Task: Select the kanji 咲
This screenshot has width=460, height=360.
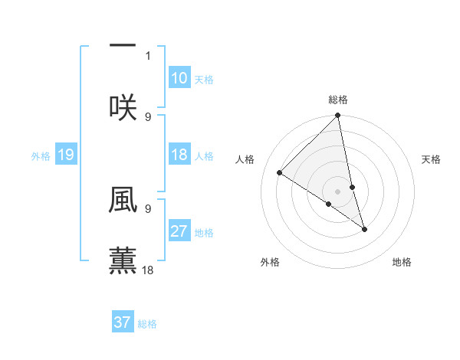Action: pyautogui.click(x=123, y=106)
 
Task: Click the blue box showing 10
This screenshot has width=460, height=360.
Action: pyautogui.click(x=179, y=78)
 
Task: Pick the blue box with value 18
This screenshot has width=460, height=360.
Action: pyautogui.click(x=179, y=155)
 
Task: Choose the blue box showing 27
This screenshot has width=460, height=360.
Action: pyautogui.click(x=179, y=231)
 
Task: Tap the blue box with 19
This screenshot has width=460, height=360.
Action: pyautogui.click(x=66, y=155)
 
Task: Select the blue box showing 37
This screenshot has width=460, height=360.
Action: pyautogui.click(x=123, y=322)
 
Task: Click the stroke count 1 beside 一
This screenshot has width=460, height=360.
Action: pyautogui.click(x=148, y=56)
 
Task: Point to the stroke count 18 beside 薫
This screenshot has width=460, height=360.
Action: pyautogui.click(x=148, y=270)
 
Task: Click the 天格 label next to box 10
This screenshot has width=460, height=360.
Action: pyautogui.click(x=204, y=79)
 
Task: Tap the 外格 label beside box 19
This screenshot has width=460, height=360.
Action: pyautogui.click(x=41, y=156)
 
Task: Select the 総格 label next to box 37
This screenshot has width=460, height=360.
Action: pyautogui.click(x=147, y=323)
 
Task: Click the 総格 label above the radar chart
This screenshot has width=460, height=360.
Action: pyautogui.click(x=338, y=100)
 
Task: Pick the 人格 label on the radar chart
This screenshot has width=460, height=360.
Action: pyautogui.click(x=246, y=159)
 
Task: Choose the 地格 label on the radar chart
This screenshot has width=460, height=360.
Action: pyautogui.click(x=402, y=262)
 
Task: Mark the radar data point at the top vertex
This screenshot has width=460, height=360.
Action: pyautogui.click(x=338, y=116)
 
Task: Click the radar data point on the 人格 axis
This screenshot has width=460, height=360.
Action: pyautogui.click(x=280, y=173)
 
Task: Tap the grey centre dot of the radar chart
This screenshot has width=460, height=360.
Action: pyautogui.click(x=338, y=191)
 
